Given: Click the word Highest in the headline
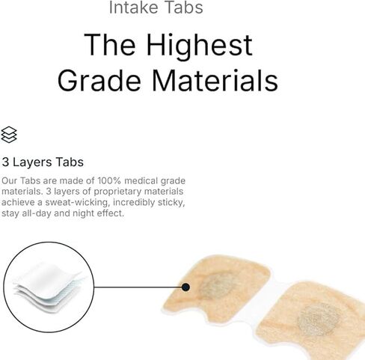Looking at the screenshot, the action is (199, 45).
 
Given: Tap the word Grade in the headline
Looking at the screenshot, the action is (99, 80).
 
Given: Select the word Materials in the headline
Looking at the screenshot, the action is (215, 80).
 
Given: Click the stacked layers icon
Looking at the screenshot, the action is (9, 135).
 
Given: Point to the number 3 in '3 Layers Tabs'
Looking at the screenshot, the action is (5, 162).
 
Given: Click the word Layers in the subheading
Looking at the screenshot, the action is (32, 162).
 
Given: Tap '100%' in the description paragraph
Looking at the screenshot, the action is (109, 180).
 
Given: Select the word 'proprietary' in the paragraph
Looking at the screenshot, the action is (117, 192).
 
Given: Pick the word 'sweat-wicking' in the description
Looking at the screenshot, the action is (77, 202).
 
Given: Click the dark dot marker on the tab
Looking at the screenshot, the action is (185, 287).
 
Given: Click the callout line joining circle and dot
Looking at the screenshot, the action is (138, 287).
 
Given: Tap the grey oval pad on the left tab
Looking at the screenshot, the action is (218, 286).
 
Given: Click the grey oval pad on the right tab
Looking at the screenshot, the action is (319, 320).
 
